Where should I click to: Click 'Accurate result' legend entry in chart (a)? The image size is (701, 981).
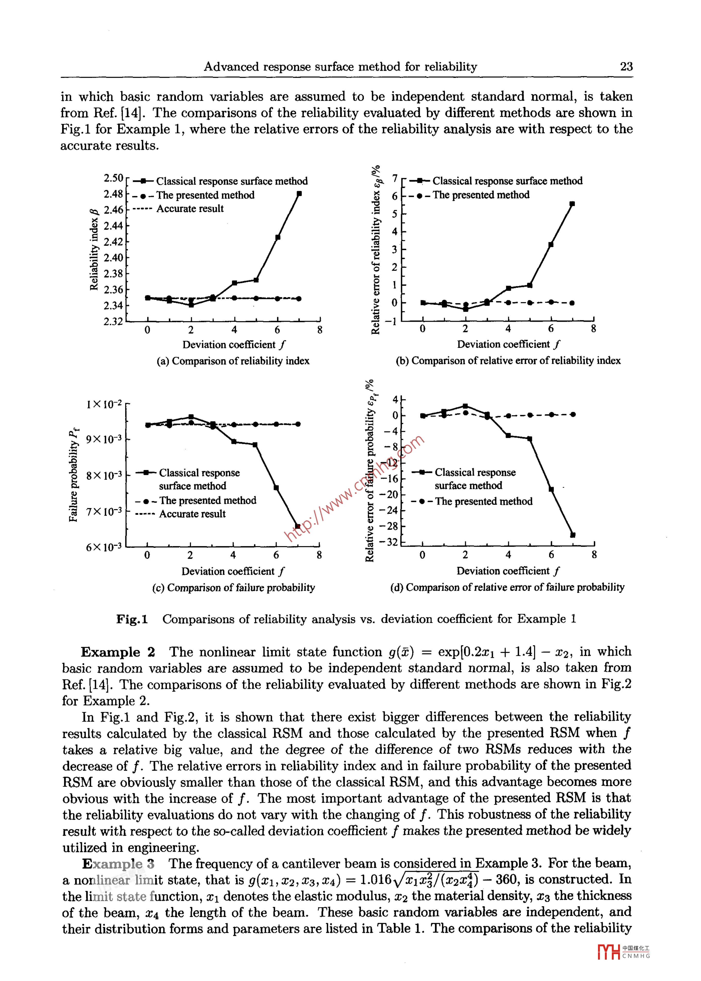(x=190, y=209)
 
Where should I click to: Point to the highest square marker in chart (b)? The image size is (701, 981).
(x=572, y=204)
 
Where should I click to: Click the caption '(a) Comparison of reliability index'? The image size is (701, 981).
(x=233, y=361)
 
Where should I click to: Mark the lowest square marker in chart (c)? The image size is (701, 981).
(x=297, y=526)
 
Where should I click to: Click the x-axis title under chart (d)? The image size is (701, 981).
(x=508, y=571)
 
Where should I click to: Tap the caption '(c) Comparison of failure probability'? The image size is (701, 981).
(x=234, y=587)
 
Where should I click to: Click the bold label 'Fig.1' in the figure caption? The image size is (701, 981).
(x=132, y=619)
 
